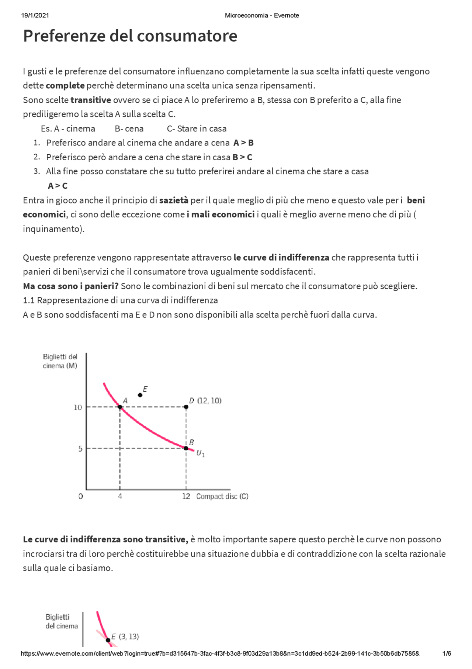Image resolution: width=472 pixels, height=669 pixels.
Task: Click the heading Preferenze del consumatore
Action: coord(130,36)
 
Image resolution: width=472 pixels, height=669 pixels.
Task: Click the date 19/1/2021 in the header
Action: coord(35,16)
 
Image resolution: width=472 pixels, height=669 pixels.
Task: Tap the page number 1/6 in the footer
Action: coord(446,653)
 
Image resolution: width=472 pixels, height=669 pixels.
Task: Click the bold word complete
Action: coord(65,86)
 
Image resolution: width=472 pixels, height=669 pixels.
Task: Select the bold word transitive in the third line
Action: coord(91,100)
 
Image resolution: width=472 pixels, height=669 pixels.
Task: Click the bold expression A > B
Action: coord(243,143)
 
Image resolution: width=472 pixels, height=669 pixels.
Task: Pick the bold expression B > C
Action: coord(242,157)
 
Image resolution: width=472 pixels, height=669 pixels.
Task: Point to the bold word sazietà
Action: coord(174,200)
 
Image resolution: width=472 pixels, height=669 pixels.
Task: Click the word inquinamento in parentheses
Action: coord(52,229)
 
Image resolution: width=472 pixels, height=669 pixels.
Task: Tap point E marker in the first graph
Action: coord(140,395)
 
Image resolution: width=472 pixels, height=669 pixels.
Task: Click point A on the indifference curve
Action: coord(120,407)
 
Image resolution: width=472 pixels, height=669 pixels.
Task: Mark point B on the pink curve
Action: coord(186,448)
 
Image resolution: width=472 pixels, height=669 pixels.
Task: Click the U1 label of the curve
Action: coord(200,453)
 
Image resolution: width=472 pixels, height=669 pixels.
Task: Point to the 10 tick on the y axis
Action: coord(77,407)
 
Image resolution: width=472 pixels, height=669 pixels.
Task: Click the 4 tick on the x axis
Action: coord(120,497)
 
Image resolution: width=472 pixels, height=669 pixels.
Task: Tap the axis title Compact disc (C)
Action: coord(222,497)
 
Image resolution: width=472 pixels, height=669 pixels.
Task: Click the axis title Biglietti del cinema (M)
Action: coord(60,361)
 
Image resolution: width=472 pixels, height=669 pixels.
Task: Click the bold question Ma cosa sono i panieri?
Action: coord(70,286)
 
